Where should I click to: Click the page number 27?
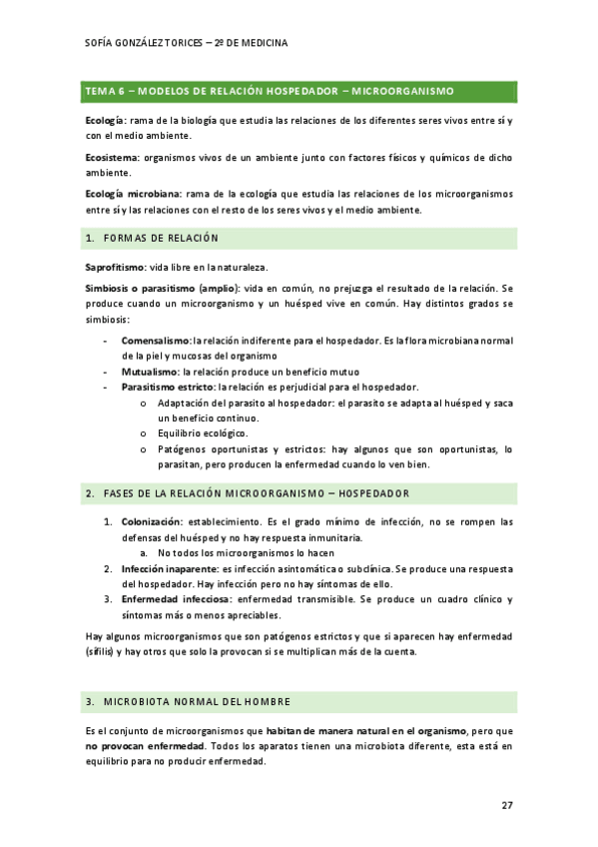point(506,804)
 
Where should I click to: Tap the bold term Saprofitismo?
point(116,267)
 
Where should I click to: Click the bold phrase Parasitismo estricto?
point(167,387)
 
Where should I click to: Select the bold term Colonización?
point(152,521)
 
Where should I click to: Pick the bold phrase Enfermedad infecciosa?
point(174,599)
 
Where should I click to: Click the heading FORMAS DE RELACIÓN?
point(161,238)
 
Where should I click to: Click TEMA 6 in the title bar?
point(103,91)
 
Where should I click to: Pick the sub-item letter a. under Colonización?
point(144,552)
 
